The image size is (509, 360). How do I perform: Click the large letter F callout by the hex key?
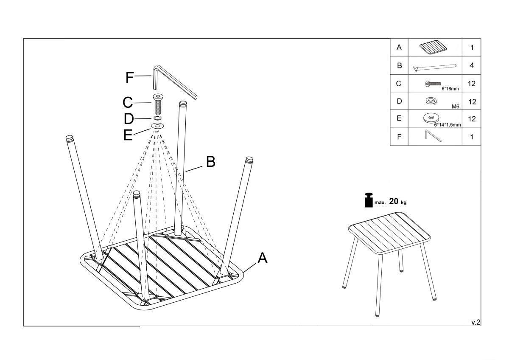[130, 78]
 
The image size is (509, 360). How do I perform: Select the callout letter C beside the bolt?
[128, 103]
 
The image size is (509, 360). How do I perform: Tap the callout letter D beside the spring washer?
[129, 119]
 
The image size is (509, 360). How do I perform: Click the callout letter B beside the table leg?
[210, 162]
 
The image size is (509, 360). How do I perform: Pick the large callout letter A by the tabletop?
[263, 258]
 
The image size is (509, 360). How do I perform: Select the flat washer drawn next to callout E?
[158, 127]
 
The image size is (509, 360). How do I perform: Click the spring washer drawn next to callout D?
[158, 118]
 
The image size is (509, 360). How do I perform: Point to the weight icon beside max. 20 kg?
[368, 200]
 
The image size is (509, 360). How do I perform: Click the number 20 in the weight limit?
[394, 201]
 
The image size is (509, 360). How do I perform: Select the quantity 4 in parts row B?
[472, 66]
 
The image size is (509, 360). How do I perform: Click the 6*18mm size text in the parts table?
[450, 89]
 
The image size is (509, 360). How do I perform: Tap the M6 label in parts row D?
[456, 107]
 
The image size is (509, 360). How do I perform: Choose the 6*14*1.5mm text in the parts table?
[447, 125]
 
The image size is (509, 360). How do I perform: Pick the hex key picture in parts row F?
[433, 137]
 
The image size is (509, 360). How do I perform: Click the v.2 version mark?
[476, 322]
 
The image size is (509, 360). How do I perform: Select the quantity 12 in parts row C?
[472, 84]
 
